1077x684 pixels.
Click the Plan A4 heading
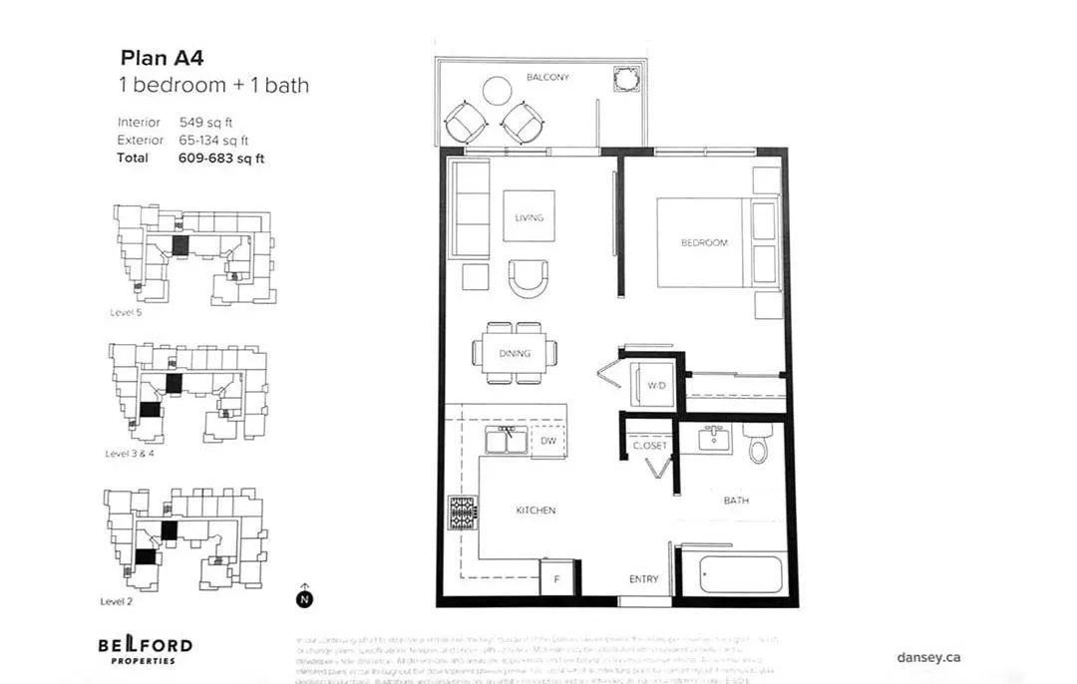(163, 58)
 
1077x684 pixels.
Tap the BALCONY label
(547, 77)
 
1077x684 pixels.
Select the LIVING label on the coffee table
(529, 217)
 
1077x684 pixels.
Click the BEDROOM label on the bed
(704, 242)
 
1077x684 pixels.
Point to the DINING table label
(515, 353)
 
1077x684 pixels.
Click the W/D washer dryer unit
(655, 385)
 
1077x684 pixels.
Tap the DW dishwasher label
(548, 440)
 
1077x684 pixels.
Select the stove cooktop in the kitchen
(463, 513)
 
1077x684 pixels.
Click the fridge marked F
(555, 578)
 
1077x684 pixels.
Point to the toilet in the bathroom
(759, 443)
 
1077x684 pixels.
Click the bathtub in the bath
(740, 574)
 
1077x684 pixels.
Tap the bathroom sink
(715, 438)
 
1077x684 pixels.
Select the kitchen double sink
(508, 440)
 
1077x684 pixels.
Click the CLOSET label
(650, 446)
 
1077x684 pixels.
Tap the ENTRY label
(643, 579)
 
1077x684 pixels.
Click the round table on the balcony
(497, 91)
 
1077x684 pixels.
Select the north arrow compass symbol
(304, 598)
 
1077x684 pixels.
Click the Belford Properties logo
(145, 649)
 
